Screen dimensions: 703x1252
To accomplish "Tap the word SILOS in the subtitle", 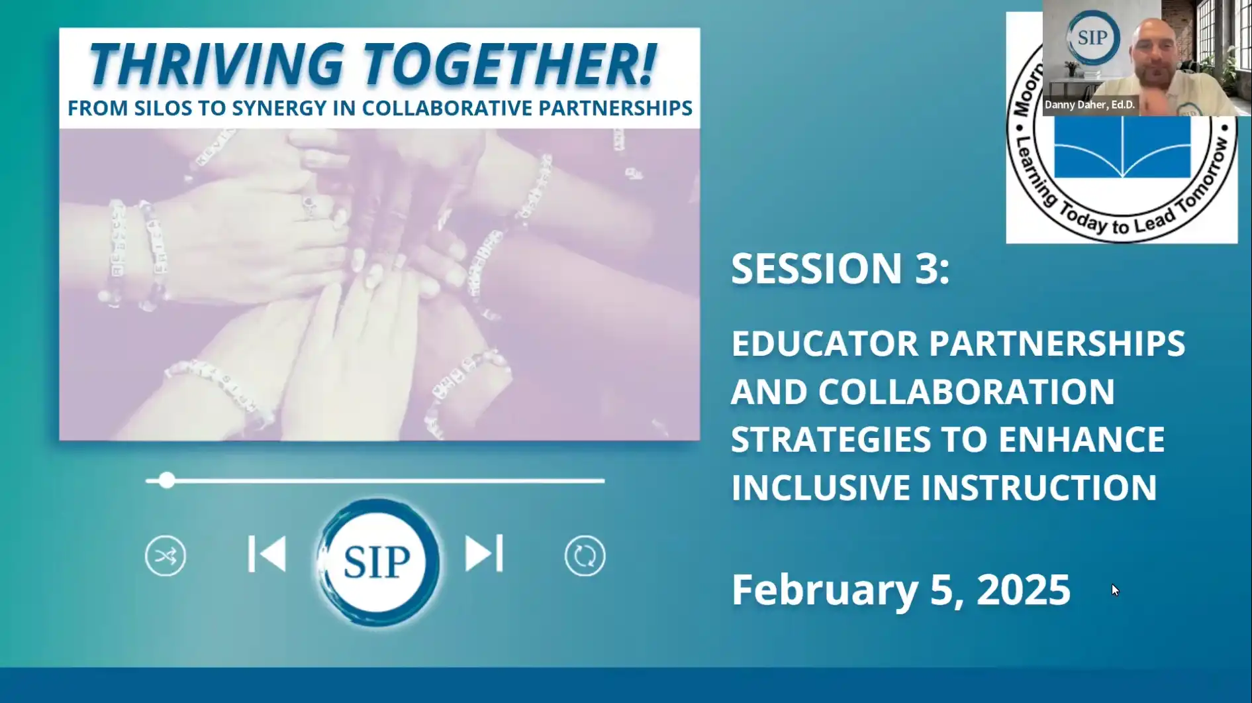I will pyautogui.click(x=168, y=108).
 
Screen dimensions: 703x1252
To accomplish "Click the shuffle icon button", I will pyautogui.click(x=166, y=555).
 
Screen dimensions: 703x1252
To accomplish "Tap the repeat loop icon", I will pyautogui.click(x=585, y=555).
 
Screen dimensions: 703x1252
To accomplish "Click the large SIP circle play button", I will pyautogui.click(x=377, y=562).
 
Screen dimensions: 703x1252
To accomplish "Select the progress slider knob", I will pyautogui.click(x=167, y=480).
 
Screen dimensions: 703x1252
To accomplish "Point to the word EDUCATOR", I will pyautogui.click(x=825, y=344).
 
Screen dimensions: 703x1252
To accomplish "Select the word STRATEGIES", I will pyautogui.click(x=830, y=440).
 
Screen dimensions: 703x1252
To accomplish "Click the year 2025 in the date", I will pyautogui.click(x=1023, y=589).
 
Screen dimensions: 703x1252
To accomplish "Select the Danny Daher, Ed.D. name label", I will pyautogui.click(x=1089, y=105).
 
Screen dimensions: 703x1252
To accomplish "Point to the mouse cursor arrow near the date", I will pyautogui.click(x=1115, y=590).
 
